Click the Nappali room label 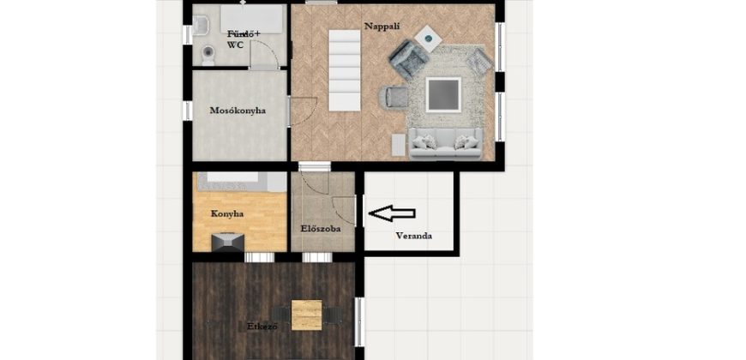[x=382, y=27]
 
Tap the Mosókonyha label [x=238, y=111]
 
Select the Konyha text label [x=227, y=214]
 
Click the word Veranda [x=414, y=236]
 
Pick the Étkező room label [x=262, y=327]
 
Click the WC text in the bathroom [x=236, y=45]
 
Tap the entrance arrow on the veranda [x=392, y=213]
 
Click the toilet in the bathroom [x=208, y=55]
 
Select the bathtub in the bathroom [x=252, y=19]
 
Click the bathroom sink [x=201, y=25]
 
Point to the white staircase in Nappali [x=345, y=70]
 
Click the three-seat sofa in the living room [x=445, y=144]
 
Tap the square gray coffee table [x=443, y=94]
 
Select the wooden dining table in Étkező [x=306, y=315]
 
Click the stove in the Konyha [x=228, y=242]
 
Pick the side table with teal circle [x=428, y=38]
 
